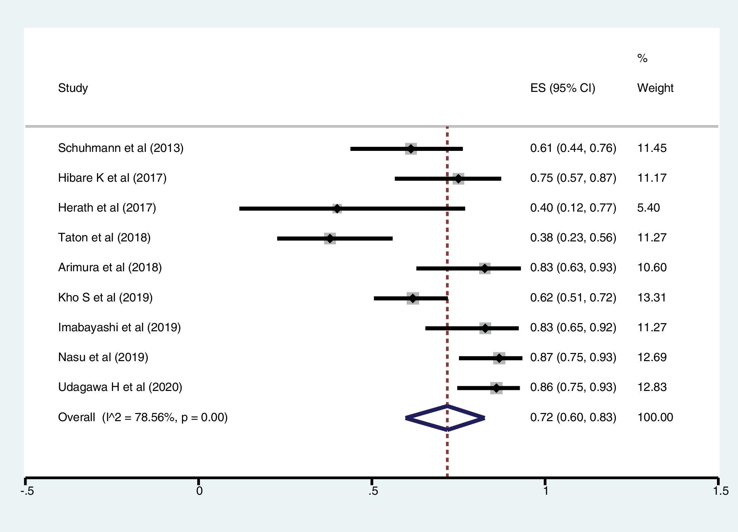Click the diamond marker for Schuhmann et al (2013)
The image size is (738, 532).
pyautogui.click(x=411, y=149)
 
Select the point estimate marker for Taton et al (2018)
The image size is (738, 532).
pyautogui.click(x=330, y=238)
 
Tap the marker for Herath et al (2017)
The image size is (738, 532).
pyautogui.click(x=337, y=209)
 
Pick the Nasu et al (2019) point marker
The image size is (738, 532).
pyautogui.click(x=499, y=358)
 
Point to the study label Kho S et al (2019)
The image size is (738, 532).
pyautogui.click(x=105, y=297)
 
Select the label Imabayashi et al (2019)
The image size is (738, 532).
pyautogui.click(x=119, y=327)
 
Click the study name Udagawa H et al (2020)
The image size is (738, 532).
pyautogui.click(x=120, y=387)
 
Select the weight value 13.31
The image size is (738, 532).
pyautogui.click(x=652, y=297)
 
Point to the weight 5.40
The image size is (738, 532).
pyautogui.click(x=648, y=208)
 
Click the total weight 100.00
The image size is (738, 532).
pyautogui.click(x=655, y=417)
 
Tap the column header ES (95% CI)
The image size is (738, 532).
pyautogui.click(x=562, y=88)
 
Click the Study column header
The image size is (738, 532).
pyautogui.click(x=73, y=88)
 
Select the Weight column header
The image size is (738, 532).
pyautogui.click(x=655, y=88)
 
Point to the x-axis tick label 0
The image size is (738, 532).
pyautogui.click(x=199, y=491)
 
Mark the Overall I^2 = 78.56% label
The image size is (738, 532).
pyautogui.click(x=143, y=417)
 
